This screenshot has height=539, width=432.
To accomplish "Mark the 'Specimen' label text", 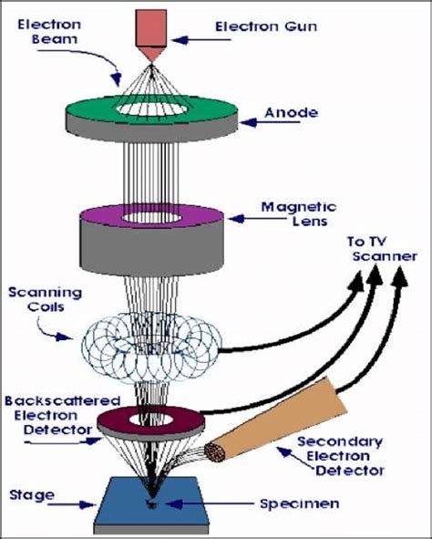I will pos(273,503).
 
